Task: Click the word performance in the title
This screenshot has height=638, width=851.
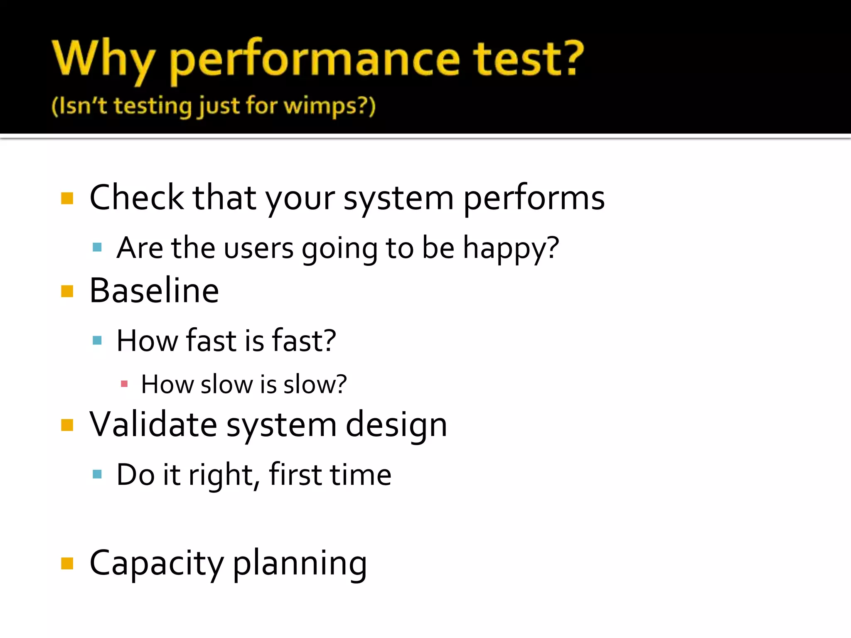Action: pos(315,60)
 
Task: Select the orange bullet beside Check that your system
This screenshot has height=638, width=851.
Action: pos(67,198)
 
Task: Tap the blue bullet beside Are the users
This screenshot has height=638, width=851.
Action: pos(97,248)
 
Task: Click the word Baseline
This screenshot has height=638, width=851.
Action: pos(154,291)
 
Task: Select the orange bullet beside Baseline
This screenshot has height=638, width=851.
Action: pos(67,291)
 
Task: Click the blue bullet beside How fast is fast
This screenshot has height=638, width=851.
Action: pos(97,341)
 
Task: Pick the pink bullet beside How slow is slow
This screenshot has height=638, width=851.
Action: pos(124,384)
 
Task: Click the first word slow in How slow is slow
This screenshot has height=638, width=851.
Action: pos(226,384)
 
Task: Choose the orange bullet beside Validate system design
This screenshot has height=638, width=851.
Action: pos(67,425)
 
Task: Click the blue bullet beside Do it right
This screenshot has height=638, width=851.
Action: pos(97,474)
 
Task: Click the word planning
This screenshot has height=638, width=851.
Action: pos(300,564)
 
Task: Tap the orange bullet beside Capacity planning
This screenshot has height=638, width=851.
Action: pos(67,564)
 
